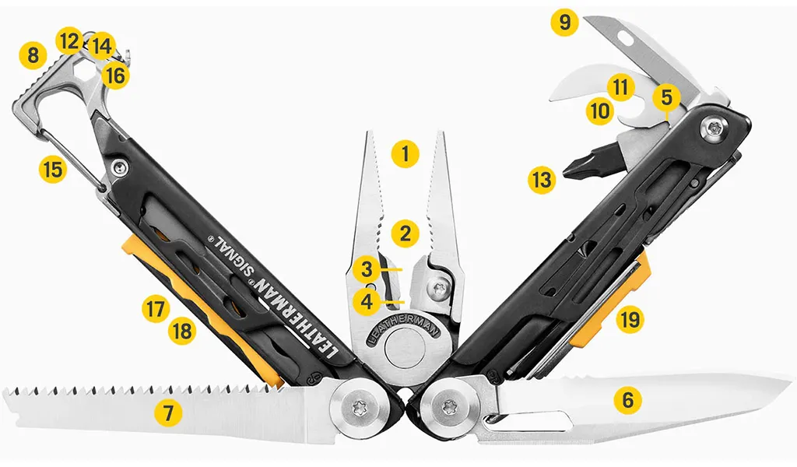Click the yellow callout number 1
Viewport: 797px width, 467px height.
click(x=405, y=153)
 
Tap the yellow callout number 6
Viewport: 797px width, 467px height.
click(x=628, y=400)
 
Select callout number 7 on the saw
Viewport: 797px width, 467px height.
click(x=168, y=413)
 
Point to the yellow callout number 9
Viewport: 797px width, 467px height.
click(x=564, y=22)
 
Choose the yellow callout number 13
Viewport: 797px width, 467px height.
click(x=542, y=179)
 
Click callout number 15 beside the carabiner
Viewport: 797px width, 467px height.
click(x=53, y=169)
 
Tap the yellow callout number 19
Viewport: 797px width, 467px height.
click(x=630, y=320)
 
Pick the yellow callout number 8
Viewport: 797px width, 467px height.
click(x=33, y=54)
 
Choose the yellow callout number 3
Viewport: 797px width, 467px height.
click(x=367, y=269)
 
